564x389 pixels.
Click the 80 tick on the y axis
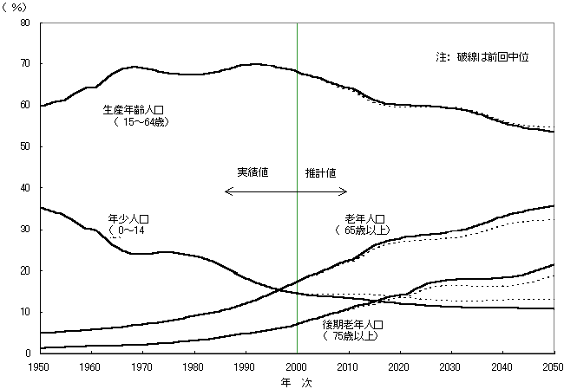click(x=25, y=23)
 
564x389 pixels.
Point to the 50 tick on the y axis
click(x=25, y=146)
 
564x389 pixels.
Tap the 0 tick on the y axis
click(x=29, y=353)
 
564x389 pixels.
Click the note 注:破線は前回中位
click(x=482, y=57)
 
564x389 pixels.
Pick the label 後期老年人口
click(x=352, y=325)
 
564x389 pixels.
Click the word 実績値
click(x=252, y=172)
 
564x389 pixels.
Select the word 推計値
click(x=320, y=172)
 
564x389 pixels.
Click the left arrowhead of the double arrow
click(x=226, y=191)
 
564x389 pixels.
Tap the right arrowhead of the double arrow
click(x=344, y=191)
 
